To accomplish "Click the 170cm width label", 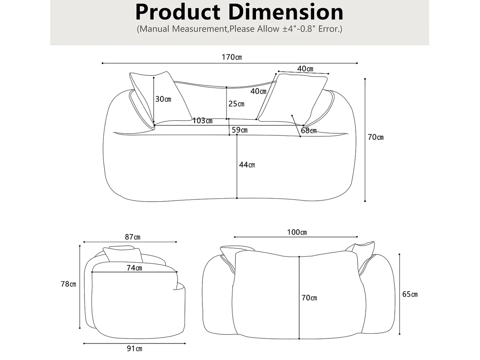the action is click(232, 57).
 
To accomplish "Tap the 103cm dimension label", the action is click(202, 121).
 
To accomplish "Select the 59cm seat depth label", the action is click(239, 130).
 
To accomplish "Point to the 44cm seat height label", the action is click(247, 165).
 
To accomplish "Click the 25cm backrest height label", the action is click(236, 104).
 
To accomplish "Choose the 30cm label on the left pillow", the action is click(163, 99).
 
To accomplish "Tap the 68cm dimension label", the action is click(308, 131).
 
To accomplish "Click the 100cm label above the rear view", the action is click(297, 232).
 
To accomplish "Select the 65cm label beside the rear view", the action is click(410, 294).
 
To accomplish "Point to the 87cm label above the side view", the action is click(132, 237).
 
